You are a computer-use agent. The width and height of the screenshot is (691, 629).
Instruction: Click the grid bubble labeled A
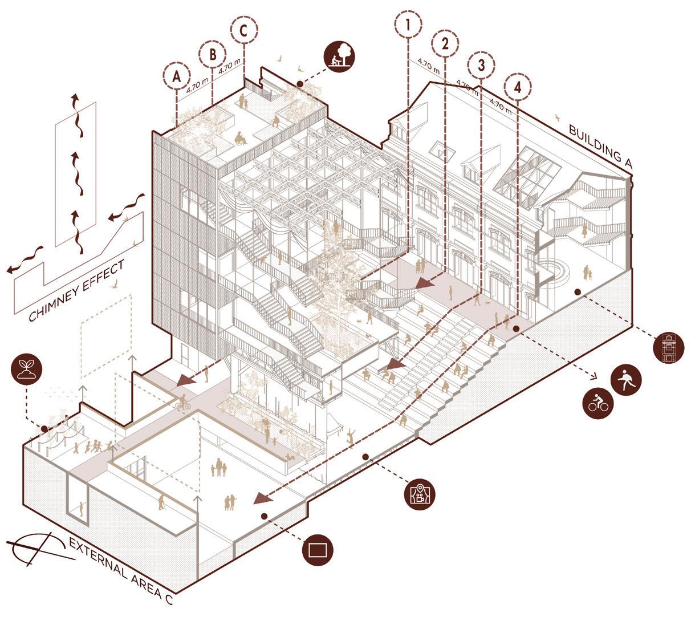coord(177,76)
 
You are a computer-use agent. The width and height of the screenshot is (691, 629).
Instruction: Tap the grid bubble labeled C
coord(243,31)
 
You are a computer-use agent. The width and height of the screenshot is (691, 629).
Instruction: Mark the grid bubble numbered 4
coord(517,87)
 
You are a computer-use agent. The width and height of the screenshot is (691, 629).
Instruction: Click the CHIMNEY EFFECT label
coord(78,291)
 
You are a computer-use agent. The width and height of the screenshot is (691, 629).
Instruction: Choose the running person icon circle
coord(625,379)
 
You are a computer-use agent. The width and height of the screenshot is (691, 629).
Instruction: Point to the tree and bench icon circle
coord(339,55)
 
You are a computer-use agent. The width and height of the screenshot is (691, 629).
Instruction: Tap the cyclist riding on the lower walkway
coord(182,403)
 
